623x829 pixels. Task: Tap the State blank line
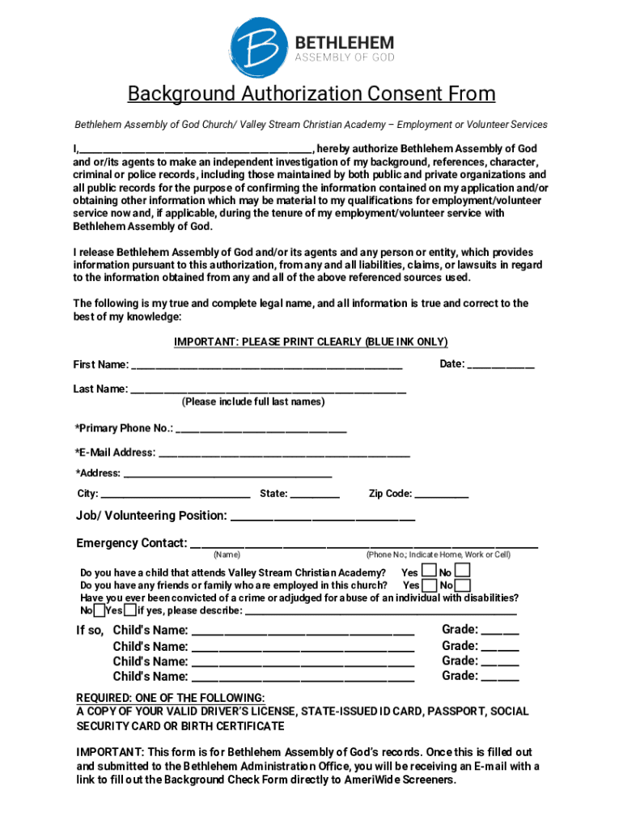click(x=315, y=495)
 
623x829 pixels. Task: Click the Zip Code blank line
click(x=442, y=495)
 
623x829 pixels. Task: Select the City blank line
click(x=176, y=495)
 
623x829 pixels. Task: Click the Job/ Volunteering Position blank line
click(x=323, y=517)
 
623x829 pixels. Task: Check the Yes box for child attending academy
click(x=429, y=572)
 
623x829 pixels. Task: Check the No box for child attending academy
click(x=463, y=572)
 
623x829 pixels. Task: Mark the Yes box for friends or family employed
click(x=429, y=585)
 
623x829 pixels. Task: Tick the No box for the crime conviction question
click(x=98, y=610)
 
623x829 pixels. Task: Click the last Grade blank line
click(x=500, y=678)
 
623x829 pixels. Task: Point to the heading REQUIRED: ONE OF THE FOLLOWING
click(x=170, y=698)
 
